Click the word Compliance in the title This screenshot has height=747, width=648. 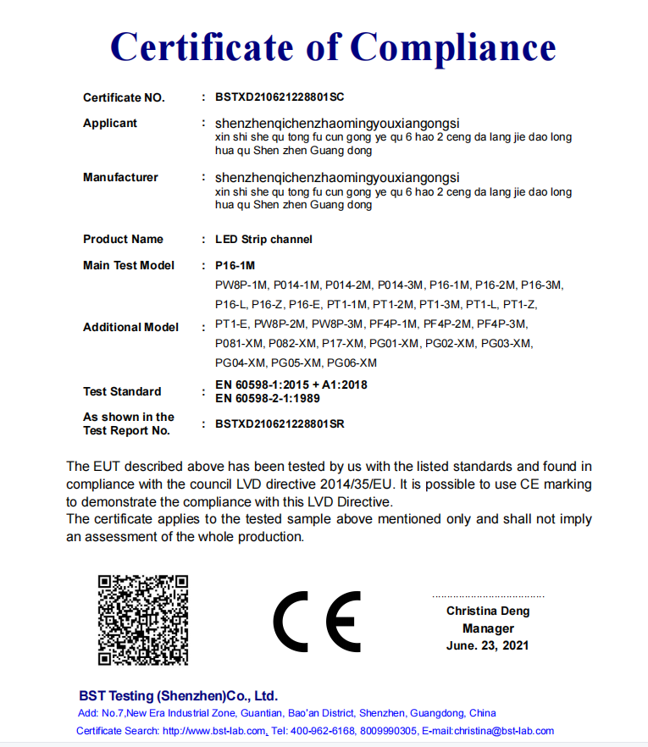tap(453, 46)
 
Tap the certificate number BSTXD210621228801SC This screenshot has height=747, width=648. tap(280, 97)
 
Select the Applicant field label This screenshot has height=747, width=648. tap(109, 123)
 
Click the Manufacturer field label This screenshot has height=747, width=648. tap(120, 177)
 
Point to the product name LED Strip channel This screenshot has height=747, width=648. tap(263, 239)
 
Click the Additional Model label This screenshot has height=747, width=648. tap(130, 327)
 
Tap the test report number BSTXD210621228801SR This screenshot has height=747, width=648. tap(280, 423)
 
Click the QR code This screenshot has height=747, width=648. tap(142, 619)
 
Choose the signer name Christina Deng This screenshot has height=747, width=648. tap(487, 611)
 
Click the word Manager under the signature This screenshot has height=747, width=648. tap(488, 628)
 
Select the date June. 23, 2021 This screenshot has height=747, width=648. tap(487, 645)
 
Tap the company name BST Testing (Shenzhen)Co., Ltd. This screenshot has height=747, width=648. tap(178, 695)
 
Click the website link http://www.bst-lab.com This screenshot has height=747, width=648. tap(215, 731)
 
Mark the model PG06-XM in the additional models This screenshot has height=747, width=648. tap(352, 362)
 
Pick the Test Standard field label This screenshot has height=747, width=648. tap(122, 391)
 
